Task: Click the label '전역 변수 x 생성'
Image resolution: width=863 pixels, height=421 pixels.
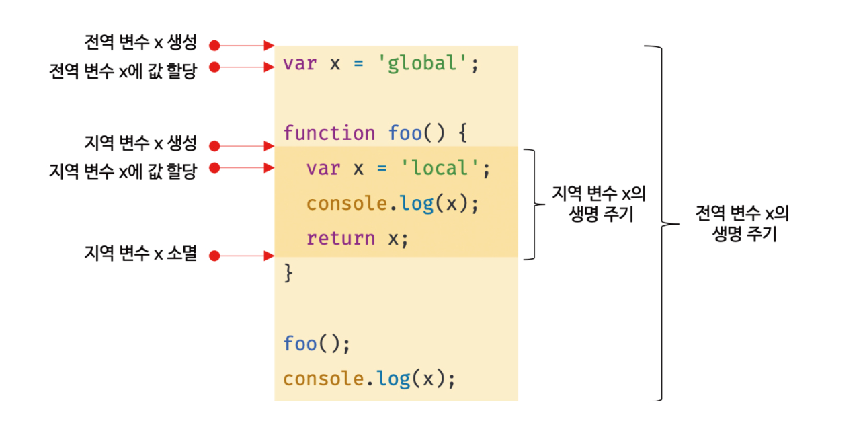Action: point(140,43)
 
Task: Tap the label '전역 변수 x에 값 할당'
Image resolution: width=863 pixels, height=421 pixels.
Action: point(123,70)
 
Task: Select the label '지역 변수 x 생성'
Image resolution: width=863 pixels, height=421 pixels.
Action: point(140,143)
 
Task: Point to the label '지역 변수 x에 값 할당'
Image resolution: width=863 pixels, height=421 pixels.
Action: point(123,170)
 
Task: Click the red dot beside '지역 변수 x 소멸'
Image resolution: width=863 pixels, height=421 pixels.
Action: point(214,256)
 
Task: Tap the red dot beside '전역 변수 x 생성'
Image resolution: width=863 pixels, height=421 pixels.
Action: point(214,46)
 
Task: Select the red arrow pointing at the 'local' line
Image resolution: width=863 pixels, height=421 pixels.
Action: point(245,167)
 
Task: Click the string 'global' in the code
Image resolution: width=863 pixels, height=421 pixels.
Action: point(428,64)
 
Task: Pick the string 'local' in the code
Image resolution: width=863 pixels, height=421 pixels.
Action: point(440,168)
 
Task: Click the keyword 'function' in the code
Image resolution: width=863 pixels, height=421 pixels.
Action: point(329,133)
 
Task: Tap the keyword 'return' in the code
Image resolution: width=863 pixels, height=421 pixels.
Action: point(340,238)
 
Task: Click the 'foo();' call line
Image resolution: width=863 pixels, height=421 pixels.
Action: point(317,344)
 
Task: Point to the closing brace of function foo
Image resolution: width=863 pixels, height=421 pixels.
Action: point(289,273)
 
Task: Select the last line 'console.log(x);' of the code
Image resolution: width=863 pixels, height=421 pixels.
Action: point(369,379)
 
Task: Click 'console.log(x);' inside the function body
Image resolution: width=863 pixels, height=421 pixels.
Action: point(393,203)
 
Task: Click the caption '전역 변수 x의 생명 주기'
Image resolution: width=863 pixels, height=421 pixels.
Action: point(743,223)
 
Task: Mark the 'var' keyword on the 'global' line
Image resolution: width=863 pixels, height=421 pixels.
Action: point(299,64)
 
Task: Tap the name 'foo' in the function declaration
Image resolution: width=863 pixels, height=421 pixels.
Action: point(405,133)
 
